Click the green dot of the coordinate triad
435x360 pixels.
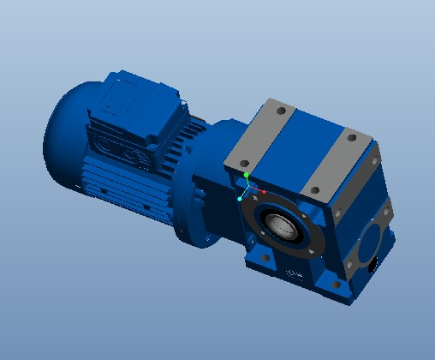pos(247,175)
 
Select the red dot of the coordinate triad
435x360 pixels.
pos(265,192)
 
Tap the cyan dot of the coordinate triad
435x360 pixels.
pos(240,199)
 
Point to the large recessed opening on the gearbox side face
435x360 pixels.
pos(371,241)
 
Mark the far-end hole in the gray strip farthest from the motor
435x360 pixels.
pos(351,136)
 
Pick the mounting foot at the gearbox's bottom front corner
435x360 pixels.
pos(330,288)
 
